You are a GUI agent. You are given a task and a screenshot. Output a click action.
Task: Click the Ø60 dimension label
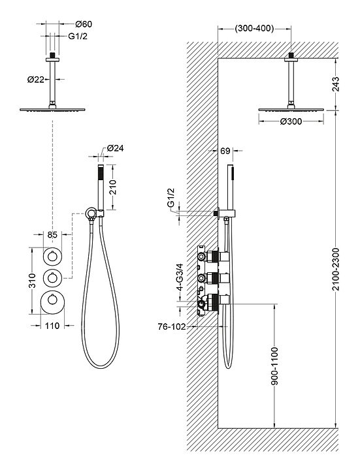(x=84, y=24)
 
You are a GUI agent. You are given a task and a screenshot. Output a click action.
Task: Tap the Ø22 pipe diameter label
(x=36, y=80)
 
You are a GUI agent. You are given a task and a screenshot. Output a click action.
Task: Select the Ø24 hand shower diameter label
(x=115, y=148)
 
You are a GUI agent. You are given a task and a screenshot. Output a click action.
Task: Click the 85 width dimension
(x=52, y=234)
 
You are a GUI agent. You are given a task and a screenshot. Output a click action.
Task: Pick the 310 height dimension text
(x=32, y=281)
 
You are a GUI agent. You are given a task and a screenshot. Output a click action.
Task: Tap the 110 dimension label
(x=52, y=325)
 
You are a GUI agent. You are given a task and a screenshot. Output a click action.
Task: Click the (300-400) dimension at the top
(x=254, y=29)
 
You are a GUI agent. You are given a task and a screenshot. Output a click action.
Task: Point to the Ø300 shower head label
(x=291, y=121)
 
